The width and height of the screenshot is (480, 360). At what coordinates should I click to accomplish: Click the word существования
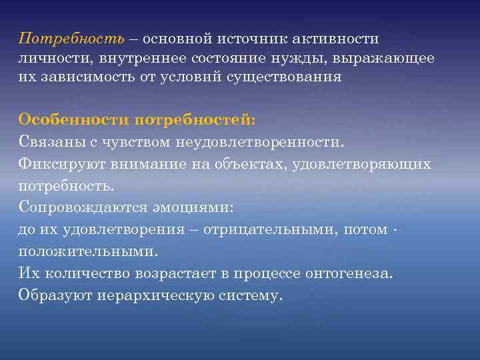(287, 77)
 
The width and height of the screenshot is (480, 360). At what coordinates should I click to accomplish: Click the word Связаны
(50, 142)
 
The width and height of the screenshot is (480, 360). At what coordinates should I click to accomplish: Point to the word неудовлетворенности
(262, 142)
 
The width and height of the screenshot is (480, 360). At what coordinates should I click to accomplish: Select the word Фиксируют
(55, 164)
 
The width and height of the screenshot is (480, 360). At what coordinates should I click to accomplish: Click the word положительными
(89, 251)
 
